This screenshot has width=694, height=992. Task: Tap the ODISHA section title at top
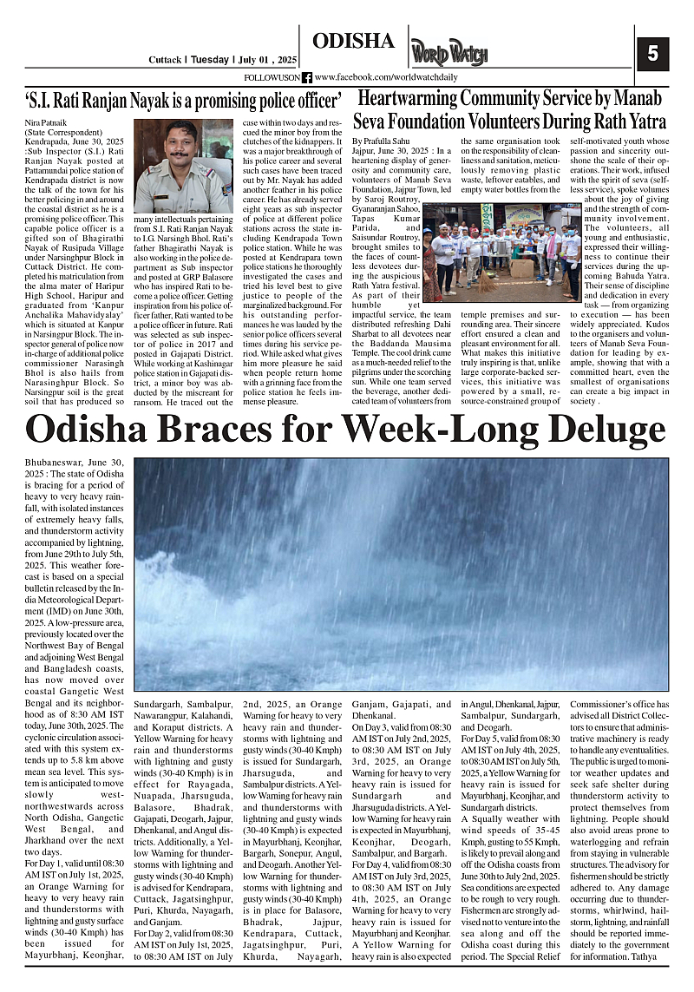353,41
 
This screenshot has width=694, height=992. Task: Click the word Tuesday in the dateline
209,61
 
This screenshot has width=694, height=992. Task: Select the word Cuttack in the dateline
164,61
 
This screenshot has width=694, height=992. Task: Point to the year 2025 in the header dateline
283,61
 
